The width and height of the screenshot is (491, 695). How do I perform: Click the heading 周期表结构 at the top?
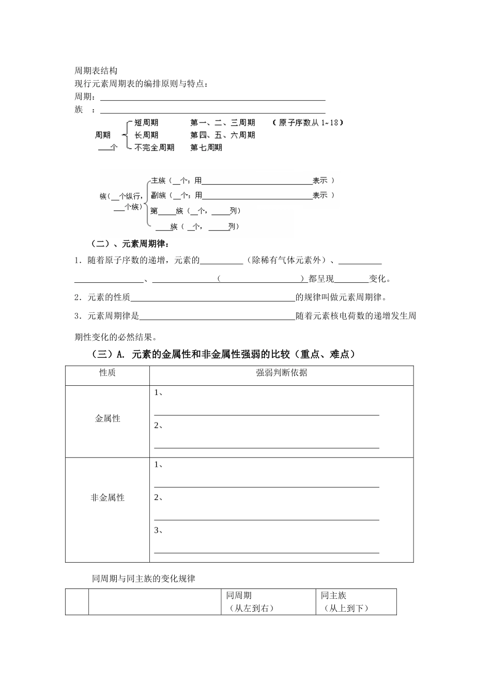point(96,71)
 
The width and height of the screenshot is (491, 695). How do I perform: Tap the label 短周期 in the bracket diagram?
point(146,123)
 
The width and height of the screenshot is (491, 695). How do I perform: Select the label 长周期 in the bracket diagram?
point(146,135)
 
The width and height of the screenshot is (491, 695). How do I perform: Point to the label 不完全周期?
point(155,147)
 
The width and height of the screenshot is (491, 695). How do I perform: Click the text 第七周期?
point(206,147)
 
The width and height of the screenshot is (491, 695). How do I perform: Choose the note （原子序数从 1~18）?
point(308,123)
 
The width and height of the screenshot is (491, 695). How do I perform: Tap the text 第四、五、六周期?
point(222,135)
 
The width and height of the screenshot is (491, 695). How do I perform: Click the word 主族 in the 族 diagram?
point(158,180)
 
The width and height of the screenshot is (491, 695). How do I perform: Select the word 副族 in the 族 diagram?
point(158,195)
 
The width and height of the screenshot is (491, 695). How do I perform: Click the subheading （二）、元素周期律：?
point(130,244)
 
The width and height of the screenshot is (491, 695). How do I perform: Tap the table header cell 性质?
point(108,372)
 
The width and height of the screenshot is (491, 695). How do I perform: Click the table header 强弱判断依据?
point(282,372)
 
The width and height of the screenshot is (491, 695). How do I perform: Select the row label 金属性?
point(108,418)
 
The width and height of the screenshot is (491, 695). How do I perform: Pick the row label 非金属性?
point(108,497)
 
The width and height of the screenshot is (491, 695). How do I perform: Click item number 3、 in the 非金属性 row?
point(159,530)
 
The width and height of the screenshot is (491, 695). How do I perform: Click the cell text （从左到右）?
point(250,608)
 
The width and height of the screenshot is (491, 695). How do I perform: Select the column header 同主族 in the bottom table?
point(333,595)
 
